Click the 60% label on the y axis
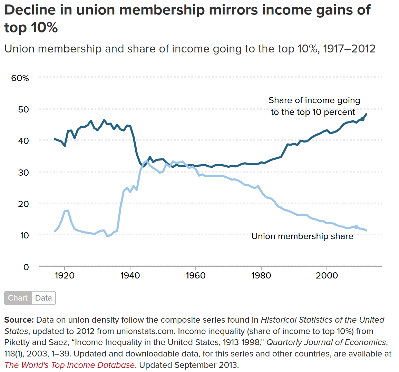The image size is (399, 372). click(20, 78)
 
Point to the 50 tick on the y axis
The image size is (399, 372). click(23, 109)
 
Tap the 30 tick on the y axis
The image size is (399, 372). click(23, 172)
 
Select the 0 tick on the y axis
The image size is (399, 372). click(26, 267)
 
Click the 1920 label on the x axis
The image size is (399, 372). click(65, 275)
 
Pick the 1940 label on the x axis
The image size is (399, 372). click(130, 275)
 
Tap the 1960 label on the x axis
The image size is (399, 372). click(196, 275)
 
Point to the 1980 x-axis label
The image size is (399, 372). click(261, 275)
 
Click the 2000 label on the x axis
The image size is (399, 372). click(327, 275)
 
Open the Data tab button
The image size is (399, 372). click(43, 298)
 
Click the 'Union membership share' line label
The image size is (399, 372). click(302, 236)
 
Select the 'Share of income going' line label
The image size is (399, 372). click(314, 100)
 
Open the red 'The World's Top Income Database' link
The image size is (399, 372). click(69, 365)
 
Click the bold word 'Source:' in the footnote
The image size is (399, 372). click(19, 320)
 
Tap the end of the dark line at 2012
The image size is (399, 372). click(366, 114)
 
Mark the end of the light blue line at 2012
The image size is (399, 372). click(366, 231)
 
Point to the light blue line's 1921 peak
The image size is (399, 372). click(67, 211)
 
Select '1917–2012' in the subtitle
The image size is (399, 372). click(349, 49)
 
